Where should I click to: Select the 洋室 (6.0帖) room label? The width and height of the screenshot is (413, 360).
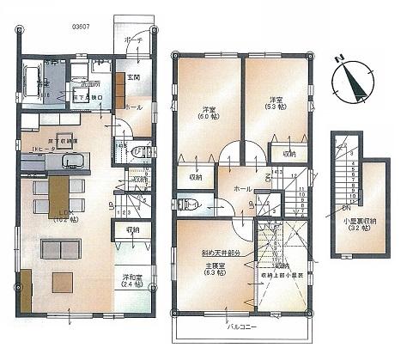coord(209,113)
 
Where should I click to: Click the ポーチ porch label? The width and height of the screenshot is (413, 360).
coord(133,41)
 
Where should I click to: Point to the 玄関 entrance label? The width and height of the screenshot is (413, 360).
coord(136,80)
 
